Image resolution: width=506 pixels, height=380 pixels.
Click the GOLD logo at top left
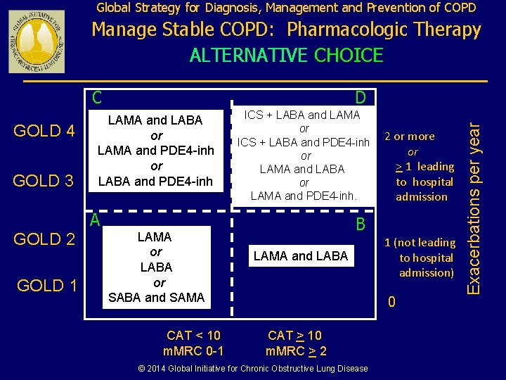point(36,42)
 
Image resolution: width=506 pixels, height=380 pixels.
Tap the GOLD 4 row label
point(44,131)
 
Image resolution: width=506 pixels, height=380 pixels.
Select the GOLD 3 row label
point(44,181)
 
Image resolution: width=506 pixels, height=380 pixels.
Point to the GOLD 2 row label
point(44,239)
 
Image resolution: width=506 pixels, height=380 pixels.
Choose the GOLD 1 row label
point(46,285)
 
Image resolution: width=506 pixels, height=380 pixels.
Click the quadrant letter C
point(98,96)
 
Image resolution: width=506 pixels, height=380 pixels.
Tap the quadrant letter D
point(360,96)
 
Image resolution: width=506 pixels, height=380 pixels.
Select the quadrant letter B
point(360,224)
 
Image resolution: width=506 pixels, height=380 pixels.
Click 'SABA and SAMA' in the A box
point(157,298)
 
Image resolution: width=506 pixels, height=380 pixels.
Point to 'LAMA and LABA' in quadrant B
point(301,256)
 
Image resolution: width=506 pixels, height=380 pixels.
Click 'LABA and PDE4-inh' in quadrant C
point(155,182)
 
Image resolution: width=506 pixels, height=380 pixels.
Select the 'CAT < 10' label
point(193,336)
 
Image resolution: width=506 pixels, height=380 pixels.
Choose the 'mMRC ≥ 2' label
point(296,350)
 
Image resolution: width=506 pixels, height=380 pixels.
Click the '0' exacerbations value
point(392,302)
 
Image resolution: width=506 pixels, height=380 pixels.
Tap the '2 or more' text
point(413,137)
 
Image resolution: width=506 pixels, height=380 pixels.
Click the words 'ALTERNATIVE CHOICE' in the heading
point(287,55)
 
